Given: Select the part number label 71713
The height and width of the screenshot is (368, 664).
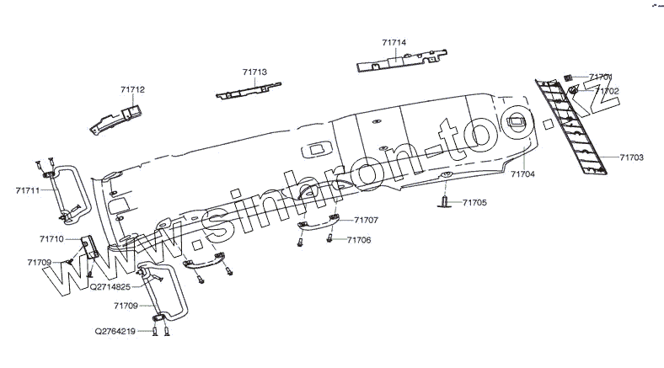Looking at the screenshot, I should pos(254,73).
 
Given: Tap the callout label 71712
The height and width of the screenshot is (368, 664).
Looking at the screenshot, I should pos(132,88).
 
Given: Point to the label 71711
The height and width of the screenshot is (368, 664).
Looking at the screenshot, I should pos(27,192).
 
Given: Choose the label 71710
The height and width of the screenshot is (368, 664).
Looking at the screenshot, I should pos(51,239).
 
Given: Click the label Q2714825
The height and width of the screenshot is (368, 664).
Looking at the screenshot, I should pos(110,286).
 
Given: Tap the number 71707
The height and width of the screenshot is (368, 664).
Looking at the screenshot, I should pos(366,220).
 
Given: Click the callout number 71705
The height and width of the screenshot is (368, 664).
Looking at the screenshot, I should pos(474,203).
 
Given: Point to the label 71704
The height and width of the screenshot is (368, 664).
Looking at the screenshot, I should pos(522,173).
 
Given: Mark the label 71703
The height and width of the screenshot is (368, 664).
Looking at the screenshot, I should pos(631,157).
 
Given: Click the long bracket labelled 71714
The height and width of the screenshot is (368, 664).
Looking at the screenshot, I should pos(401,60).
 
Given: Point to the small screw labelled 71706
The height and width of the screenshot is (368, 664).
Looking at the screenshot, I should pos(330,240).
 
